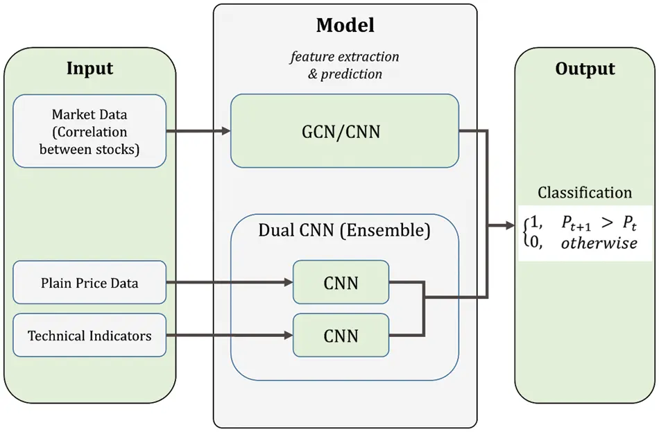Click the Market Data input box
pyautogui.click(x=89, y=131)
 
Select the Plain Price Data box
pyautogui.click(x=89, y=283)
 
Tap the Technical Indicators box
pyautogui.click(x=89, y=336)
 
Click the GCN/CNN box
pyautogui.click(x=345, y=130)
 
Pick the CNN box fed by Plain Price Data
pyautogui.click(x=341, y=283)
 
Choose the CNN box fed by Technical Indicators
pyautogui.click(x=341, y=336)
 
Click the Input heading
pyautogui.click(x=89, y=69)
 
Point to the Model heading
pyautogui.click(x=345, y=26)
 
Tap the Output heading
pyautogui.click(x=585, y=69)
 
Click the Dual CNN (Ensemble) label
pyautogui.click(x=345, y=230)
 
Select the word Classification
pyautogui.click(x=585, y=193)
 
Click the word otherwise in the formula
pyautogui.click(x=599, y=243)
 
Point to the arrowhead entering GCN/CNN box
pyautogui.click(x=226, y=130)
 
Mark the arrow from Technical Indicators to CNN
pyautogui.click(x=229, y=336)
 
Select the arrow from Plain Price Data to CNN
pyautogui.click(x=229, y=283)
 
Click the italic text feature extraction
pyautogui.click(x=345, y=57)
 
